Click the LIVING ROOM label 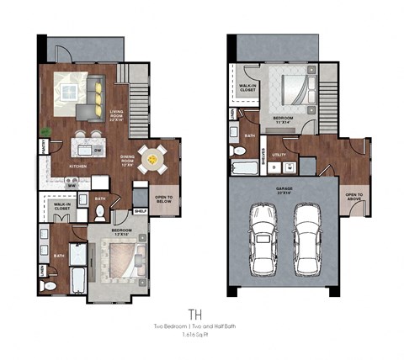pos(117,118)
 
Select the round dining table pos(152,156)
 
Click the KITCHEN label pos(78,167)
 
